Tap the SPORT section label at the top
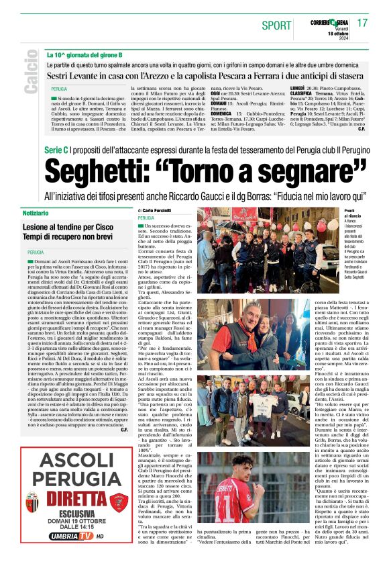[277, 26]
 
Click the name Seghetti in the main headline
[120, 173]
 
